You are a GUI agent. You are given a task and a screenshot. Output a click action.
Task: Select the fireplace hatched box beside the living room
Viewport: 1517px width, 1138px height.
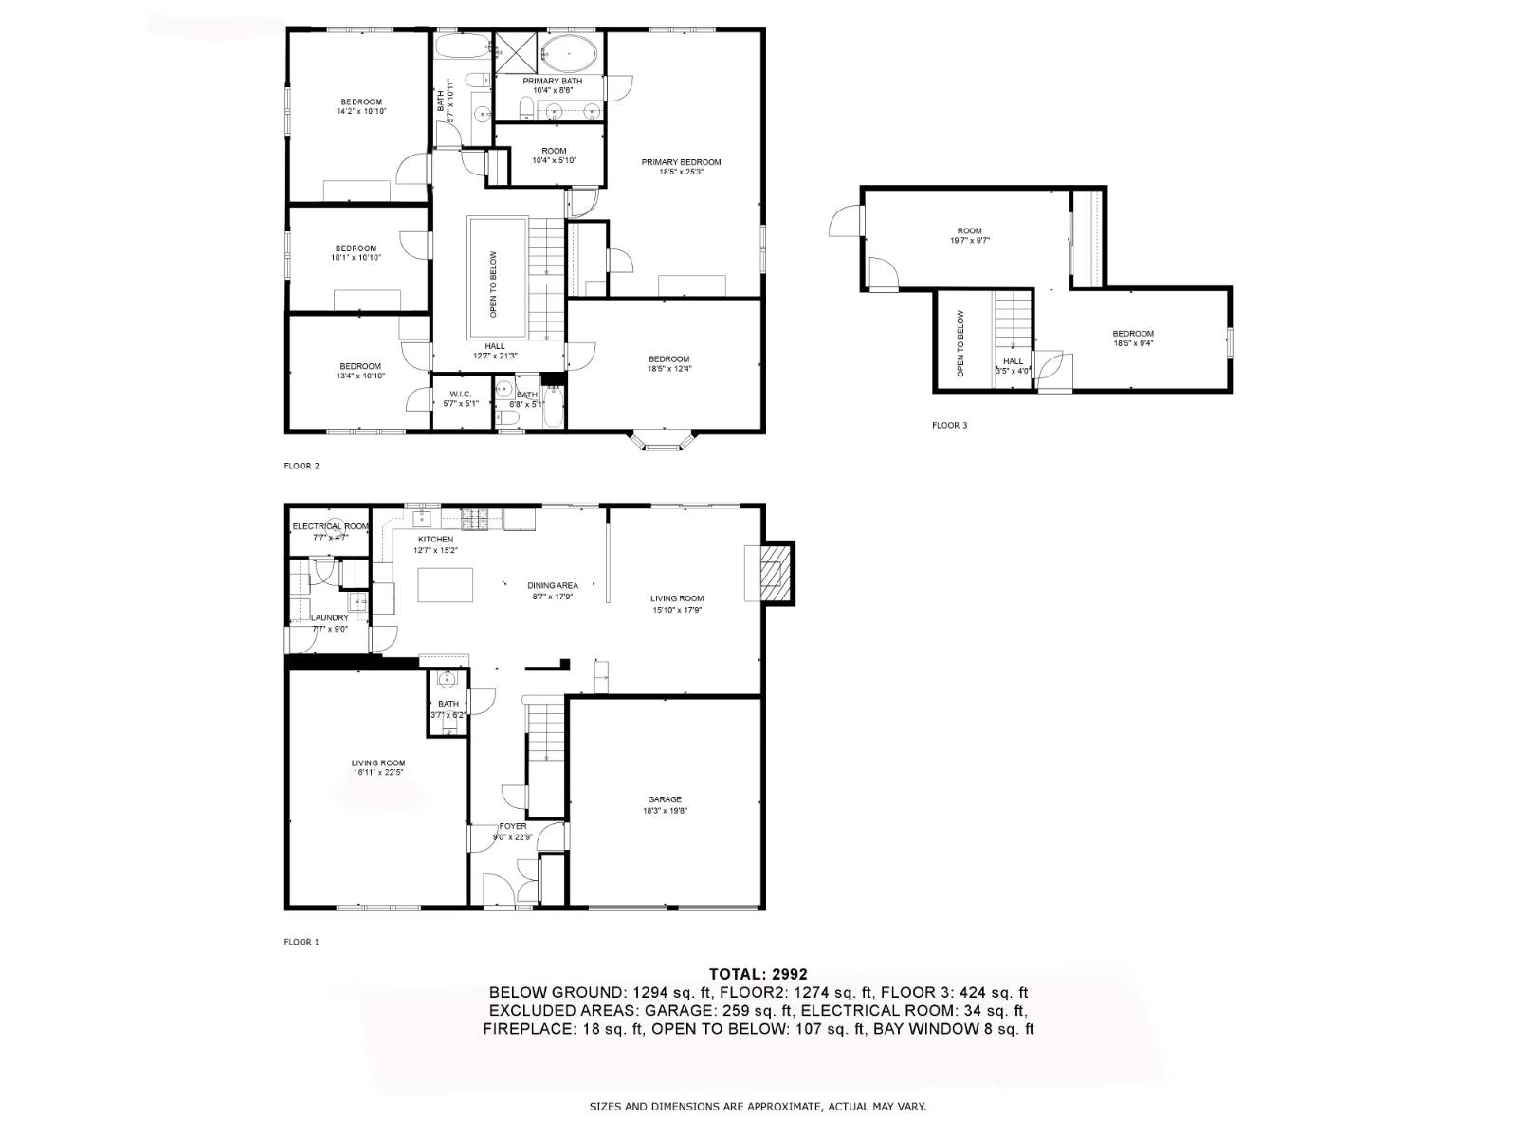click(776, 572)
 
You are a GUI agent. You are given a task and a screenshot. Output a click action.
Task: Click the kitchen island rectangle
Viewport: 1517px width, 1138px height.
click(446, 584)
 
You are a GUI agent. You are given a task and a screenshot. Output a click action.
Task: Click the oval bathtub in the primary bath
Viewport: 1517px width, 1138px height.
click(570, 54)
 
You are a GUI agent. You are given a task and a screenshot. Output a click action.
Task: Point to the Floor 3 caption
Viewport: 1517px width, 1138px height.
click(949, 426)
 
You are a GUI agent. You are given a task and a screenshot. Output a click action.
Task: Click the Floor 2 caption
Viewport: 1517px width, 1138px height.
click(302, 466)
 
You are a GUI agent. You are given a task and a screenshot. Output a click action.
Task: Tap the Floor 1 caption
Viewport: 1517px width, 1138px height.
click(302, 942)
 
